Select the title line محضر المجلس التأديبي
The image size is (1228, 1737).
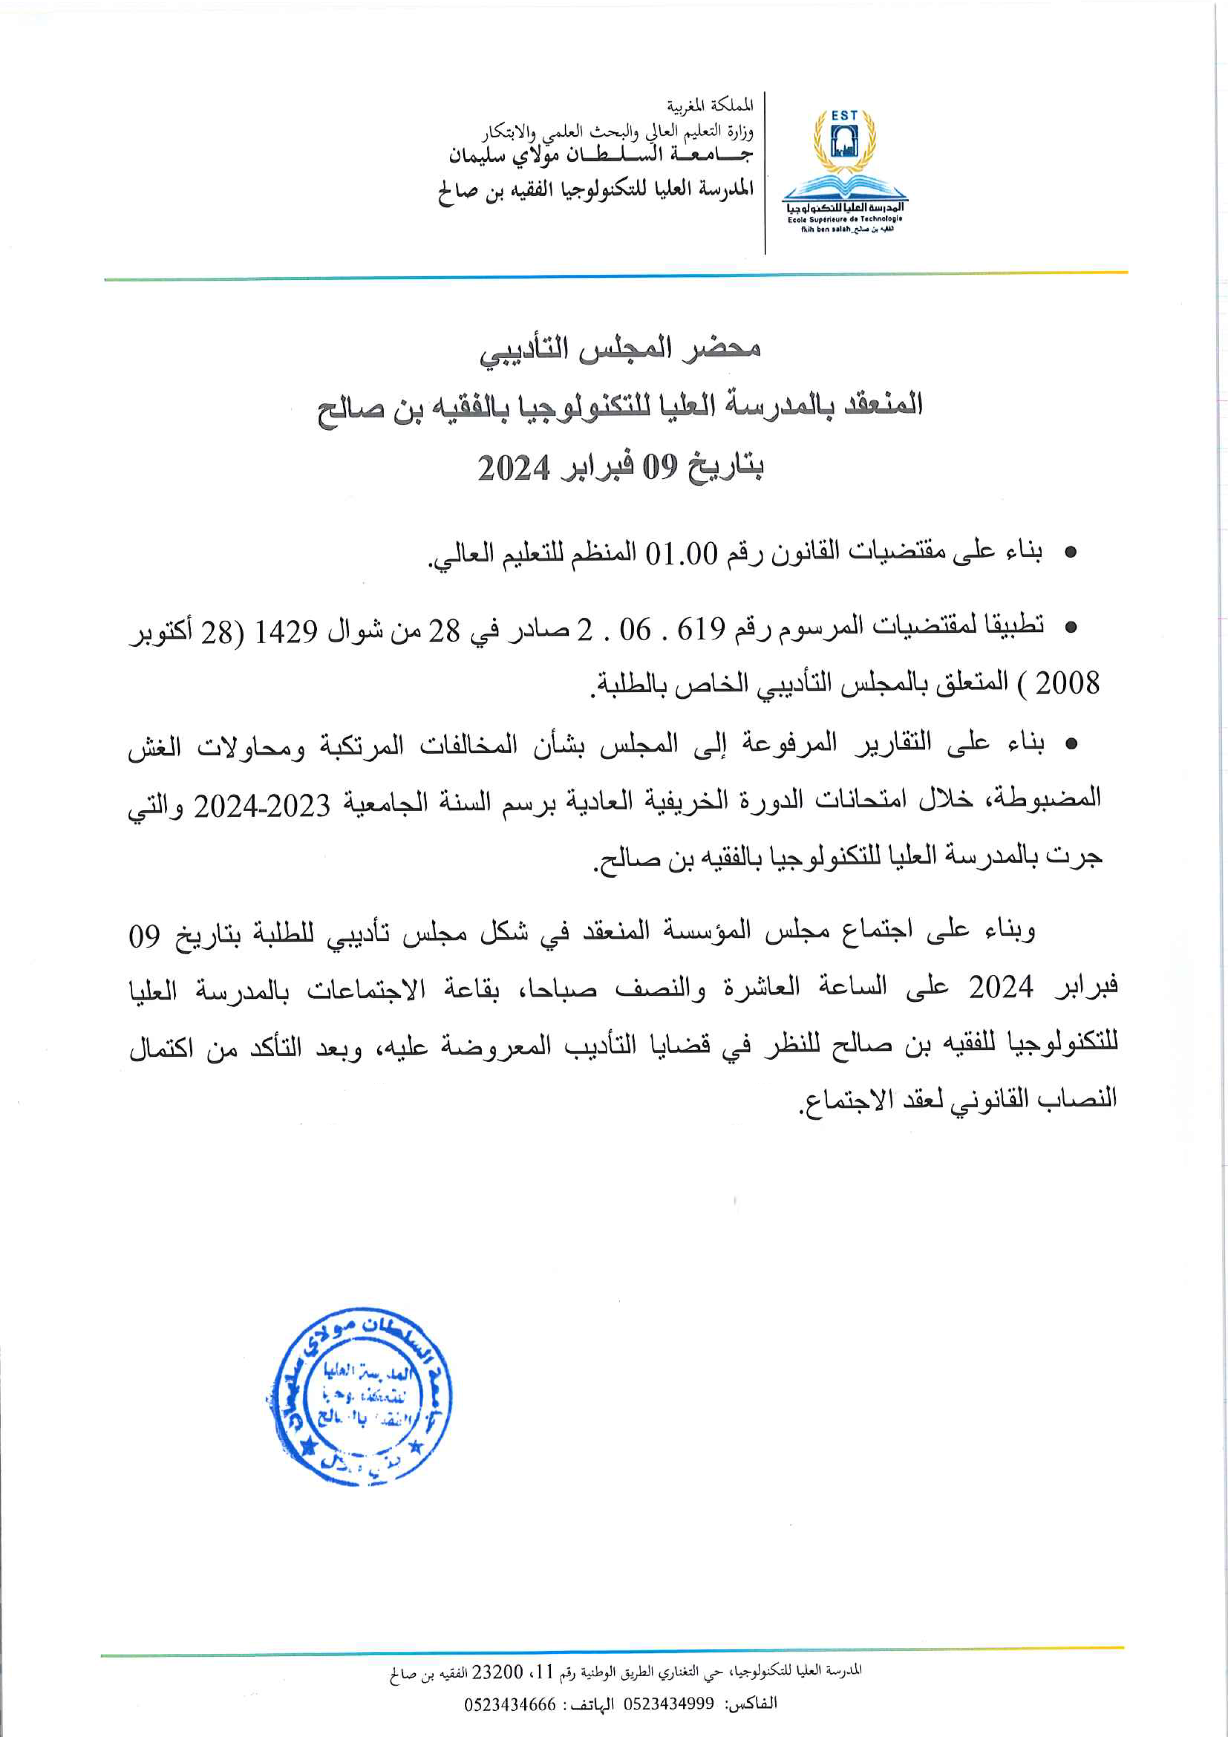[x=620, y=350]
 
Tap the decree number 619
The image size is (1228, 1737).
[x=702, y=628]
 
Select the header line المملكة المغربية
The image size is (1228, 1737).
[x=711, y=105]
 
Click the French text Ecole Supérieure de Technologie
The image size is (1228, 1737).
[x=844, y=219]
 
